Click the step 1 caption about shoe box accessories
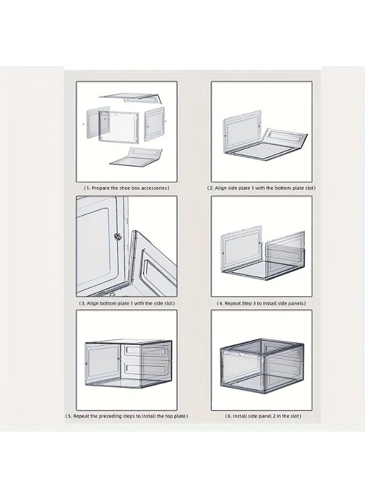[x=126, y=188]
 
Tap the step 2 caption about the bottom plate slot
[x=261, y=188]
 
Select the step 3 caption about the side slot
[x=127, y=303]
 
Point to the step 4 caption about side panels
[x=261, y=303]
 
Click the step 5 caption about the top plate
[x=127, y=416]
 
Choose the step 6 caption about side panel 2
[x=263, y=416]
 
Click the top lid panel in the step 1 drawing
[x=130, y=98]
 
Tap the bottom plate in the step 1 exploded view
[x=136, y=156]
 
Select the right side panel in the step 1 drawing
[x=154, y=124]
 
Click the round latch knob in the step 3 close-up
[x=118, y=236]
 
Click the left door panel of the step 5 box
[x=103, y=362]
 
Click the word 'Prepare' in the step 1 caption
[x=101, y=188]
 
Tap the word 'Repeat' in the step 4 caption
[x=233, y=303]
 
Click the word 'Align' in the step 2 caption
[x=221, y=188]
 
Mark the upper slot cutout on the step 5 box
[x=145, y=350]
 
